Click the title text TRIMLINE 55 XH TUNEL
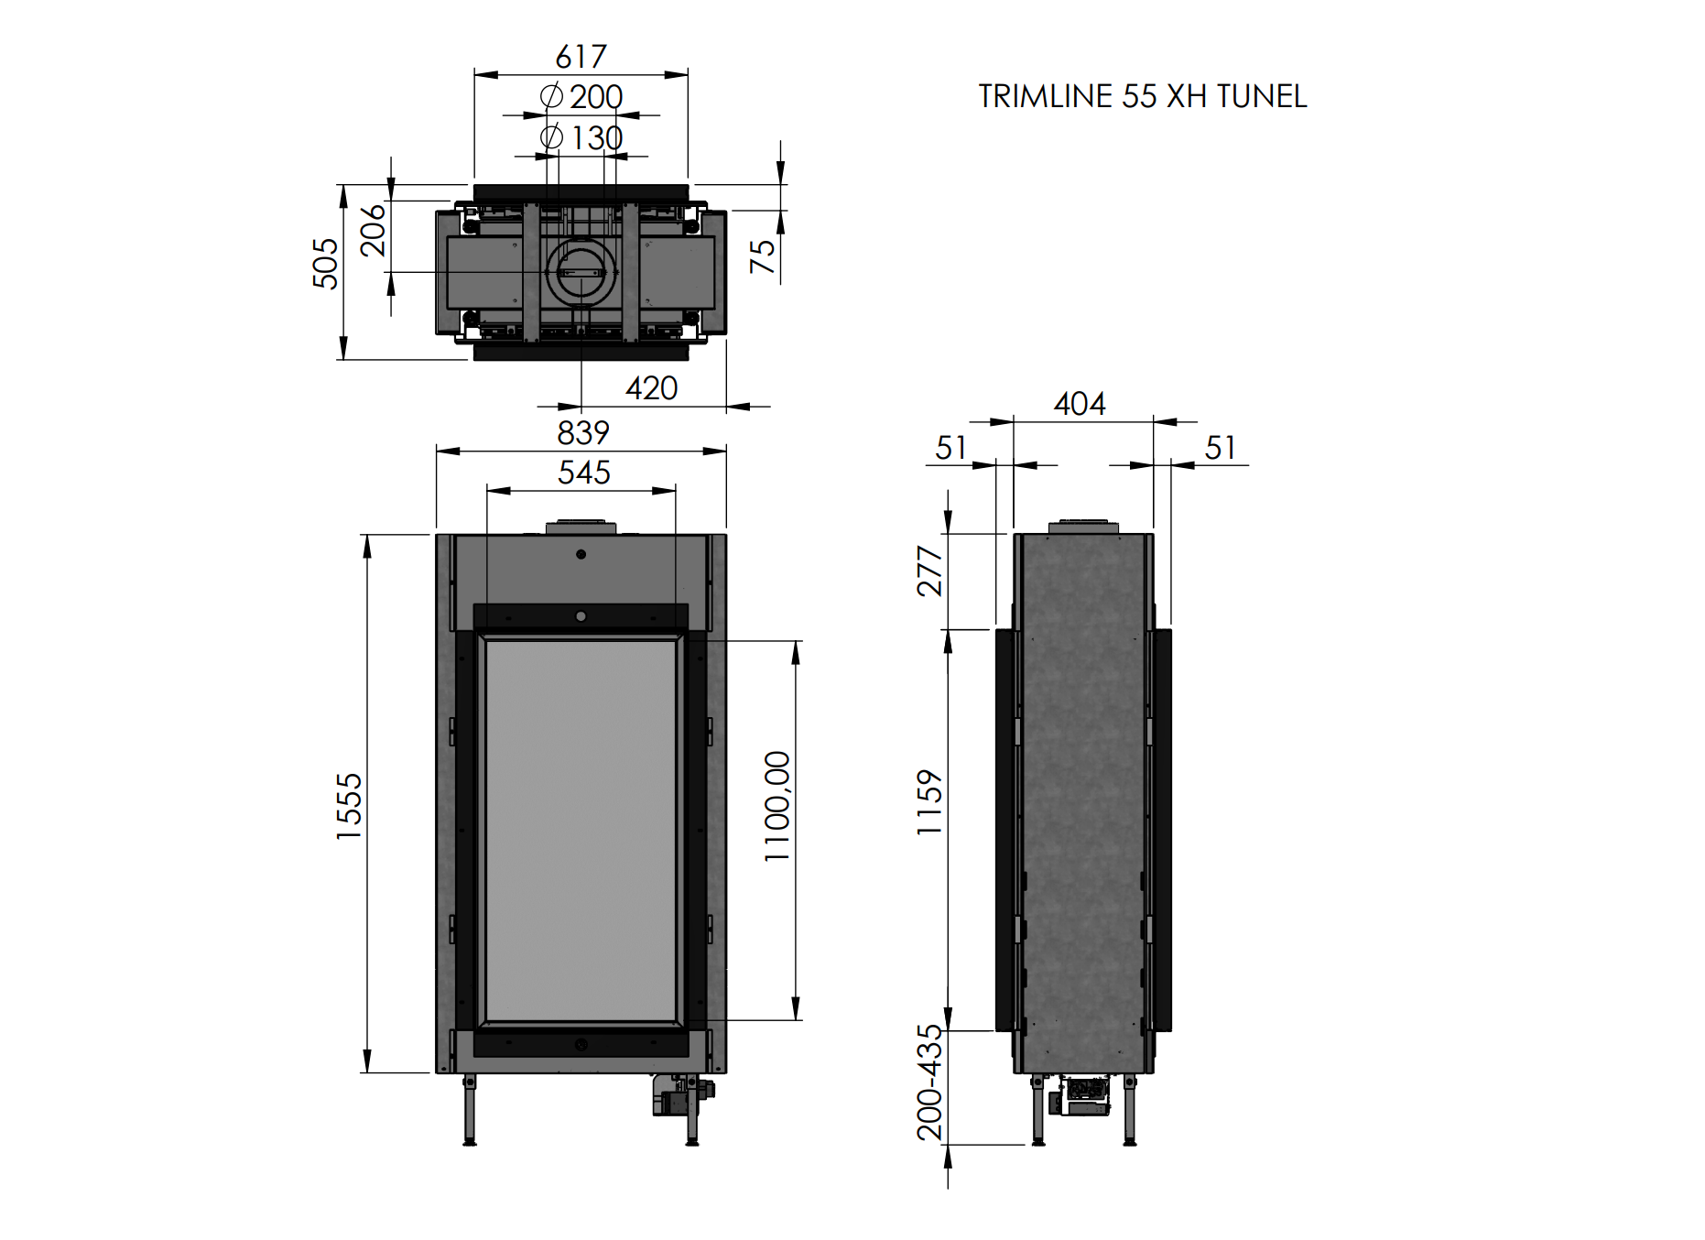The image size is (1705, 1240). (1142, 96)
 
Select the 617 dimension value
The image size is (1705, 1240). (581, 57)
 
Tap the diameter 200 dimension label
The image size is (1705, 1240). (581, 96)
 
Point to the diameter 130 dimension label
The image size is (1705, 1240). (581, 137)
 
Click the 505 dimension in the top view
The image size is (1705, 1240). (325, 264)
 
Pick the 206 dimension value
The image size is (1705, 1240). (373, 230)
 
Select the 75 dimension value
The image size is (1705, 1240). (762, 256)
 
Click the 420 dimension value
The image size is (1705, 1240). (651, 388)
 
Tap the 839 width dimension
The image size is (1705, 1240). (583, 432)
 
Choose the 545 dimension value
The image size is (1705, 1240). (584, 473)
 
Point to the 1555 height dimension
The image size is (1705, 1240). (349, 806)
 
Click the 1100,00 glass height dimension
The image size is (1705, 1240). (777, 806)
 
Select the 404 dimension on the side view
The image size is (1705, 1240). (1080, 404)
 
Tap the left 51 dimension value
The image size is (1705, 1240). (951, 448)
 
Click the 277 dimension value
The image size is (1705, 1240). (929, 571)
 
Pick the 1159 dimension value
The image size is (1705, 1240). (929, 802)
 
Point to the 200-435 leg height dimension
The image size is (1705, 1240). (929, 1082)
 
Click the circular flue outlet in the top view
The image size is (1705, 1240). (581, 272)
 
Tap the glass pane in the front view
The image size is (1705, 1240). (581, 831)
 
